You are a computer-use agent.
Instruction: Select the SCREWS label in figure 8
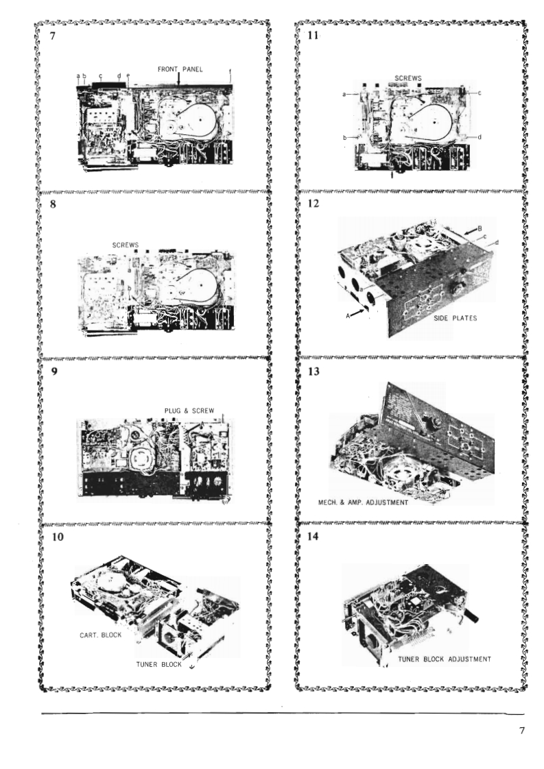[x=127, y=244]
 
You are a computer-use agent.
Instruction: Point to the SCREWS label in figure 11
[x=408, y=78]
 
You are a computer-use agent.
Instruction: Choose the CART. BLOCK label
[x=101, y=635]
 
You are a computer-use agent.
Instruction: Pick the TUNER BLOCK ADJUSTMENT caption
[x=445, y=659]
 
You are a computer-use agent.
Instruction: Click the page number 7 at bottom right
[x=521, y=730]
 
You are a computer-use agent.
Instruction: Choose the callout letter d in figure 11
[x=480, y=136]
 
